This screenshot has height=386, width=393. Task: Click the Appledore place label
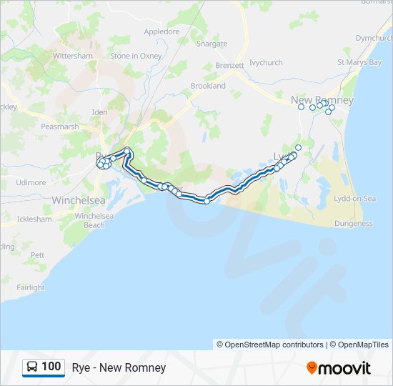pos(161,31)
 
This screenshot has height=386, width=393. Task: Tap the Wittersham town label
pos(73,56)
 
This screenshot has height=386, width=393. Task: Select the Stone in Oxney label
pos(136,56)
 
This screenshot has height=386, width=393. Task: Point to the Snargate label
pos(212,44)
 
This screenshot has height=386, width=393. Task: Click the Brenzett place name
pos(229,65)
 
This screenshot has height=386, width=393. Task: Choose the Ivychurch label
pos(266,63)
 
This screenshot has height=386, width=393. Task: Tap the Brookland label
pos(208,86)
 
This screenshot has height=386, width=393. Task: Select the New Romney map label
pos(322,100)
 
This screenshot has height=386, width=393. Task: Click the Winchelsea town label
pos(79,200)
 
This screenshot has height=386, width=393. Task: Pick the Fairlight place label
pos(31,287)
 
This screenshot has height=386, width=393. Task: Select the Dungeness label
pos(354,224)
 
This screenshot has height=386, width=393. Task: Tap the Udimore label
pos(31,182)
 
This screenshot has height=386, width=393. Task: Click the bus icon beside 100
pos(32,367)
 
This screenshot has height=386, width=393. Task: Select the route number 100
pos(51,367)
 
